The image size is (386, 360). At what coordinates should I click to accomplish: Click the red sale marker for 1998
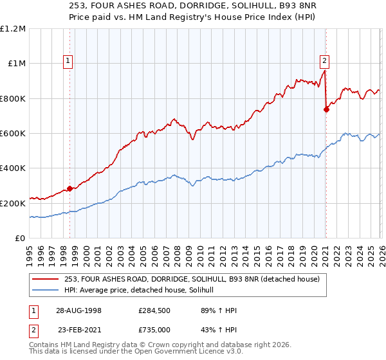coord(69,188)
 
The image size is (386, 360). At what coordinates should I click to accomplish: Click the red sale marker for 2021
coord(326,109)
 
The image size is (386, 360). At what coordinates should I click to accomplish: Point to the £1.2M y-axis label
coord(13,29)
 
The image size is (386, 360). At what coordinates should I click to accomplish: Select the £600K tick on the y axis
coord(13,134)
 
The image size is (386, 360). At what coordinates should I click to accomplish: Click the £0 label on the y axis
coord(21,239)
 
